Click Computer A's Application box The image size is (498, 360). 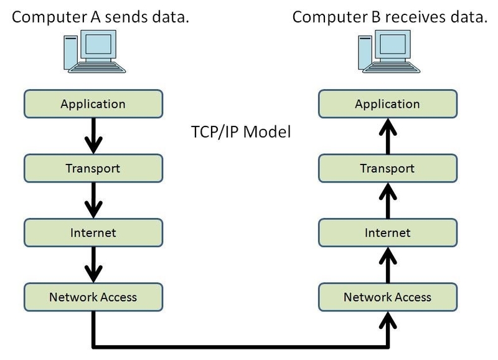coord(93,103)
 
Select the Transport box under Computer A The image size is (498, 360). coord(93,168)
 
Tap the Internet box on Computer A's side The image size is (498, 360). coord(93,233)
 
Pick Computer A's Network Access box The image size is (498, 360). coord(93,297)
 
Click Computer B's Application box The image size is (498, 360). coord(387,103)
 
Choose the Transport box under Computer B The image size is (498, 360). coord(387,168)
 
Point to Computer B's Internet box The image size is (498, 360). coord(387,233)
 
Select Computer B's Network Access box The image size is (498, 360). coord(387,297)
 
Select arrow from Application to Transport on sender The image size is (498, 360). coord(93,136)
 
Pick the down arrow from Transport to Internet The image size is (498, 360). coord(93,201)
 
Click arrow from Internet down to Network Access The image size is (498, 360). coord(93,265)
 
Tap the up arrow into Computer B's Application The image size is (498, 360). coord(387,136)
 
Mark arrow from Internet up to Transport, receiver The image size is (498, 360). coord(387,201)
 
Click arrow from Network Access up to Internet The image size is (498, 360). coord(387,265)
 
